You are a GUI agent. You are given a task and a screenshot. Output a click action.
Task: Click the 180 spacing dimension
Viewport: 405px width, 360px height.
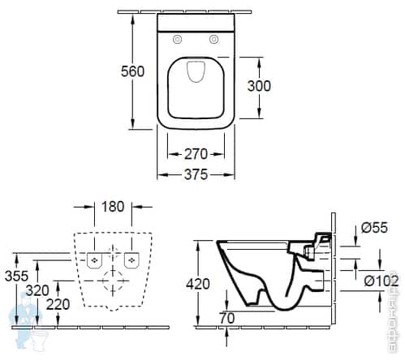(114, 207)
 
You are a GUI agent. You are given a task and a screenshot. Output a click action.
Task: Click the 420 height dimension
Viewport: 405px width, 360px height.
(197, 284)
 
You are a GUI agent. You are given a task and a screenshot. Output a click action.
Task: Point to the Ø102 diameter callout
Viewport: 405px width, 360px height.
(380, 281)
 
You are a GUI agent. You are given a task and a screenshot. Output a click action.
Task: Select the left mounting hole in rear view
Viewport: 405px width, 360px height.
(95, 259)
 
